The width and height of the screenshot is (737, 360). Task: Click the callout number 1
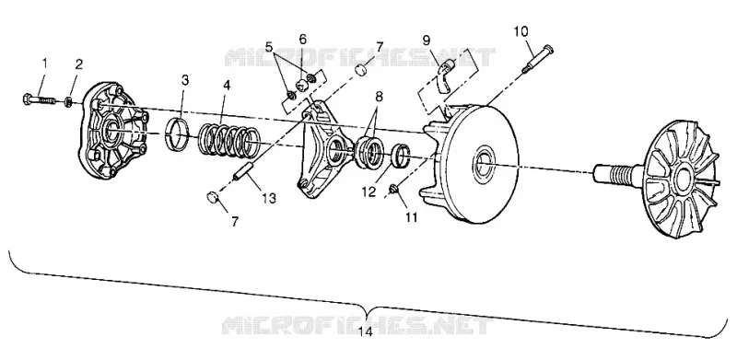[45, 63]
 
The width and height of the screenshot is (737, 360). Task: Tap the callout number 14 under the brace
[365, 331]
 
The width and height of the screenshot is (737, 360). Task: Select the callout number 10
[521, 31]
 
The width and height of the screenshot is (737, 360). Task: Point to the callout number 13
[269, 198]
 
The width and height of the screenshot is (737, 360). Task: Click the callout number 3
[185, 80]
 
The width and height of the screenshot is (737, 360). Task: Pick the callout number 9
[427, 40]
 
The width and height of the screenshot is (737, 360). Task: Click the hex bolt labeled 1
[39, 99]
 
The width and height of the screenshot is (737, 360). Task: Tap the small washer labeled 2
[68, 101]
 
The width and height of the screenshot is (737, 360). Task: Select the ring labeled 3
[178, 134]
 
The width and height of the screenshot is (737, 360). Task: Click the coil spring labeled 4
[229, 140]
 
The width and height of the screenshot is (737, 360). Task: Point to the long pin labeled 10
[538, 58]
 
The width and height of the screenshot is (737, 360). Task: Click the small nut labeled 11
[394, 189]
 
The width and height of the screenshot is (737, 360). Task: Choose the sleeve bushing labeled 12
[401, 154]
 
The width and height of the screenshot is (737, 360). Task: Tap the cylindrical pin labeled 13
[244, 170]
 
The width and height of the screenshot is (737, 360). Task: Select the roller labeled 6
[302, 86]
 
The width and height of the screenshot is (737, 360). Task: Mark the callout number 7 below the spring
[235, 221]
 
